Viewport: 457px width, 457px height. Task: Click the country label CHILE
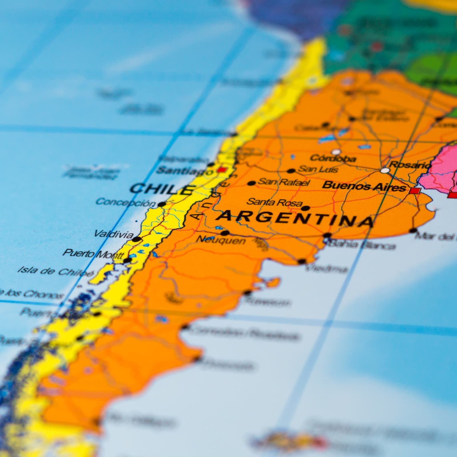click(x=161, y=189)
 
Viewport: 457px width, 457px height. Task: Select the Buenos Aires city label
click(x=364, y=186)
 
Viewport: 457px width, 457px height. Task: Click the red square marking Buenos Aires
click(x=415, y=191)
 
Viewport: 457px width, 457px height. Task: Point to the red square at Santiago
click(x=221, y=170)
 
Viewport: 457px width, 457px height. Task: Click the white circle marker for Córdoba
click(x=336, y=151)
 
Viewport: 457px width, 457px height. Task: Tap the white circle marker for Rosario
click(x=385, y=171)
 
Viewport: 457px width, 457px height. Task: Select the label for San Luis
click(x=318, y=169)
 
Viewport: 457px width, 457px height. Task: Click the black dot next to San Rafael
click(x=251, y=183)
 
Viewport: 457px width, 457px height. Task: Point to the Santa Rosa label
click(x=274, y=202)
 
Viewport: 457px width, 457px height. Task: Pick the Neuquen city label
click(x=221, y=240)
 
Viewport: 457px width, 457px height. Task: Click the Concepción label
click(x=126, y=202)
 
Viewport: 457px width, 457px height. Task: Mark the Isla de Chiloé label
click(x=56, y=271)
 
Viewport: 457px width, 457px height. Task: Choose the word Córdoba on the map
click(x=333, y=158)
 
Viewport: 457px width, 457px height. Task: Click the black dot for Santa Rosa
click(x=306, y=208)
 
